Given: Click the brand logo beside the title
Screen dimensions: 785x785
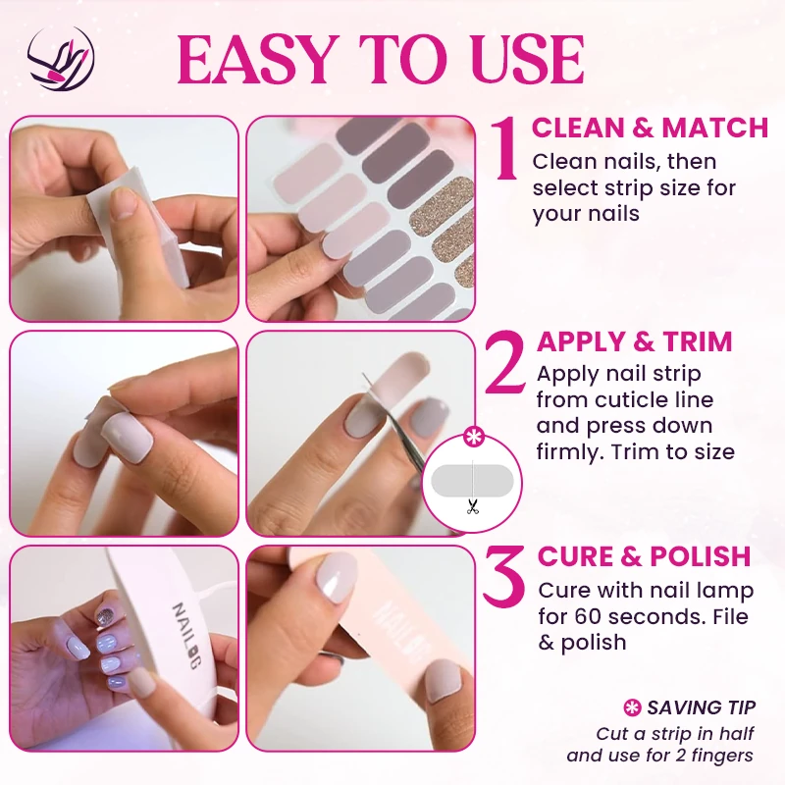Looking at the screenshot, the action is pos(61,59).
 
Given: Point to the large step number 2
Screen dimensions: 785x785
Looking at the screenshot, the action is pos(504,363).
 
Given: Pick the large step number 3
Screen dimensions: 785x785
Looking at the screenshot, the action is pos(504,575).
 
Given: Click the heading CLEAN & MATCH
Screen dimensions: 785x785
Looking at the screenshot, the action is pos(650,128).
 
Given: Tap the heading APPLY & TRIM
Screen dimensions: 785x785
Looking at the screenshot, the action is pos(634,341).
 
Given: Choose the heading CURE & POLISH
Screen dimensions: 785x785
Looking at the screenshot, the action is pos(644,556).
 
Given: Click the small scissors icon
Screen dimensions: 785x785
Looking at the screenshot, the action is pos(472,506).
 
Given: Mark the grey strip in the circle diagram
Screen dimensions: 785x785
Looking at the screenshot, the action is pos(472,480).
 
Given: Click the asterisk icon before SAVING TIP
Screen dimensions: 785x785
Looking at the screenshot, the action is pos(632,707).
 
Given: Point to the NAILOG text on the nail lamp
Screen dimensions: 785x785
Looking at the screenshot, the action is pos(185,635).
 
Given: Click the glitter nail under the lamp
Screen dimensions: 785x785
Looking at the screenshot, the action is pos(106,615).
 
